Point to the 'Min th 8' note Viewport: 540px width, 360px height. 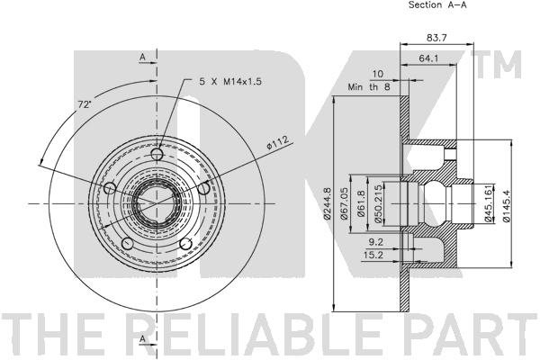coord(368,88)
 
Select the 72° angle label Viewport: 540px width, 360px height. coord(84,105)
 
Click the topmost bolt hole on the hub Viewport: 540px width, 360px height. coord(158,155)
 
